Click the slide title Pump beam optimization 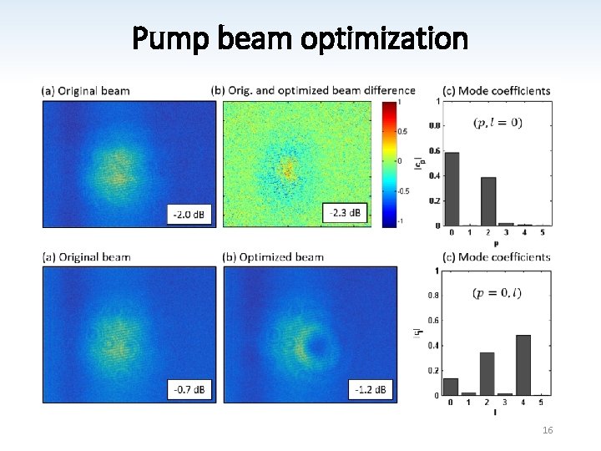point(300,38)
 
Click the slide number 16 point(548,429)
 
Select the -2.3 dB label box point(345,214)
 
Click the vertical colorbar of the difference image point(389,163)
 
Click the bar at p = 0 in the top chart point(452,189)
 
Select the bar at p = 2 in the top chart point(488,201)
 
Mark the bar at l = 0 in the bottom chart point(451,387)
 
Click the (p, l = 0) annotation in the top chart point(497,123)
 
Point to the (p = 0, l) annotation point(497,293)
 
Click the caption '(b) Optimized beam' point(278,257)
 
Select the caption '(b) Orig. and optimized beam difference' point(313,90)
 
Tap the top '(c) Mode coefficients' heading point(496,90)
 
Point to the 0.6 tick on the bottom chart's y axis point(432,320)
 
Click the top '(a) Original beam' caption point(86,90)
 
